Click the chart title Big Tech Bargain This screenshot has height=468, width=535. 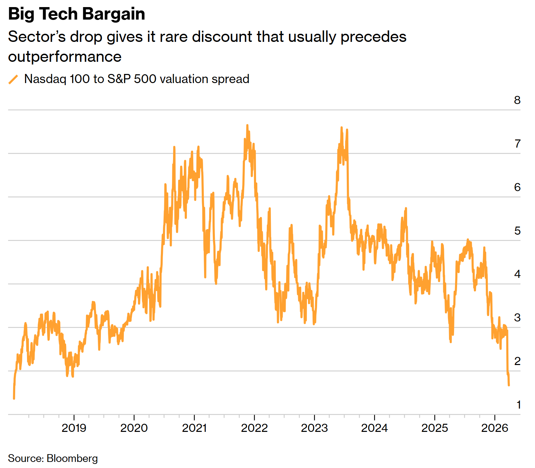pos(77,14)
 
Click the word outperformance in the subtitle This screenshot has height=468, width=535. pos(65,57)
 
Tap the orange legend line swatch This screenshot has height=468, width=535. pos(13,79)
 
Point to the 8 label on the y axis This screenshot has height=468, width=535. pos(517,100)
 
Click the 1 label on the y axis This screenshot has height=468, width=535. pos(518,405)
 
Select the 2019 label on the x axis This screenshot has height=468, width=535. pos(74,428)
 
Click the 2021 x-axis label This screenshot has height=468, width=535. pos(194,428)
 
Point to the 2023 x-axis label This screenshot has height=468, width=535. pos(314,428)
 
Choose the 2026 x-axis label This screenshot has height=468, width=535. pos(495,428)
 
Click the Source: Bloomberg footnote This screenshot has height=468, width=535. pos(53,459)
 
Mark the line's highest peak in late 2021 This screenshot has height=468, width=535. pos(247,126)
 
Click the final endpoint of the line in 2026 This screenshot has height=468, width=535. pos(509,385)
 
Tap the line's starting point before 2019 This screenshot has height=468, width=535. pos(14,398)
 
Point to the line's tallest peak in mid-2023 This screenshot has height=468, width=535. pos(341,128)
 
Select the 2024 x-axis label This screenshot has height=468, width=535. pos(374,428)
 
